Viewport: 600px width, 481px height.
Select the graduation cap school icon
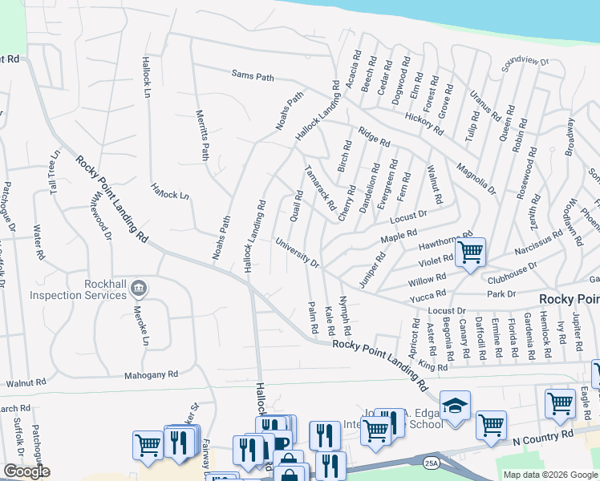[x=455, y=406]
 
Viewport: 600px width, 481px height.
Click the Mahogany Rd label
[x=151, y=374]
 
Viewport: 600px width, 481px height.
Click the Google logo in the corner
[x=26, y=471]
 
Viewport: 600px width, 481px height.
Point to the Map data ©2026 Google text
[x=551, y=475]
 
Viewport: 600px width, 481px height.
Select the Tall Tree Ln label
[x=54, y=172]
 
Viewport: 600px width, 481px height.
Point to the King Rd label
[x=432, y=366]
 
